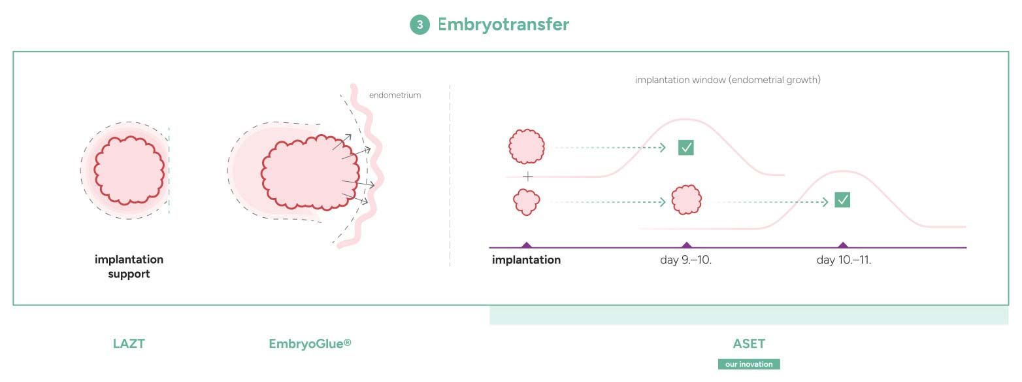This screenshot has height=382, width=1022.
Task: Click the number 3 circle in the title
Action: (x=420, y=25)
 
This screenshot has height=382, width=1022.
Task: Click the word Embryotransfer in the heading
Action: (x=503, y=24)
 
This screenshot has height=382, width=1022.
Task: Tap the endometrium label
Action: (x=395, y=95)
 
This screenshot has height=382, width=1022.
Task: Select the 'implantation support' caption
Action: (x=129, y=266)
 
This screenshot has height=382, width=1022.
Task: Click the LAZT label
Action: (x=129, y=343)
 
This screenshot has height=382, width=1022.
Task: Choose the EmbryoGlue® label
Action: (x=310, y=343)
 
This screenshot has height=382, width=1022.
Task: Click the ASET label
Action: (x=749, y=343)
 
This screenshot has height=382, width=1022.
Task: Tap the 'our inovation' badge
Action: (x=749, y=364)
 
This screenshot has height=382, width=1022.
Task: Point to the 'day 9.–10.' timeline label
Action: (x=685, y=260)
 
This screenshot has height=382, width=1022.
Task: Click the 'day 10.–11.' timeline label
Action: (x=844, y=260)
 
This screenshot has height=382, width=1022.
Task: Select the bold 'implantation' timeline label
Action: (x=526, y=260)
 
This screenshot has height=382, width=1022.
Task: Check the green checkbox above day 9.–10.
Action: (x=685, y=148)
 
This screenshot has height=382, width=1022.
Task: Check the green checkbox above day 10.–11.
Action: (x=842, y=200)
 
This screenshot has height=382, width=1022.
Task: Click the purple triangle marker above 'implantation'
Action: (x=527, y=245)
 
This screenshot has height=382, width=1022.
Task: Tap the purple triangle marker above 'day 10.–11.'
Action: (x=843, y=245)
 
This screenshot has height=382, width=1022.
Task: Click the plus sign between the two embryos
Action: (x=528, y=177)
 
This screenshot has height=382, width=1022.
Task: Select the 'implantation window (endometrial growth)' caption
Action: (x=728, y=80)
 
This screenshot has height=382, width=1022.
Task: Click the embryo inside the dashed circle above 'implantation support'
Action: (x=129, y=170)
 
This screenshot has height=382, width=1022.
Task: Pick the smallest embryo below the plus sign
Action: (x=527, y=202)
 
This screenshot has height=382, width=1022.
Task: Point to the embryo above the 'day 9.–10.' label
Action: (x=686, y=200)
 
